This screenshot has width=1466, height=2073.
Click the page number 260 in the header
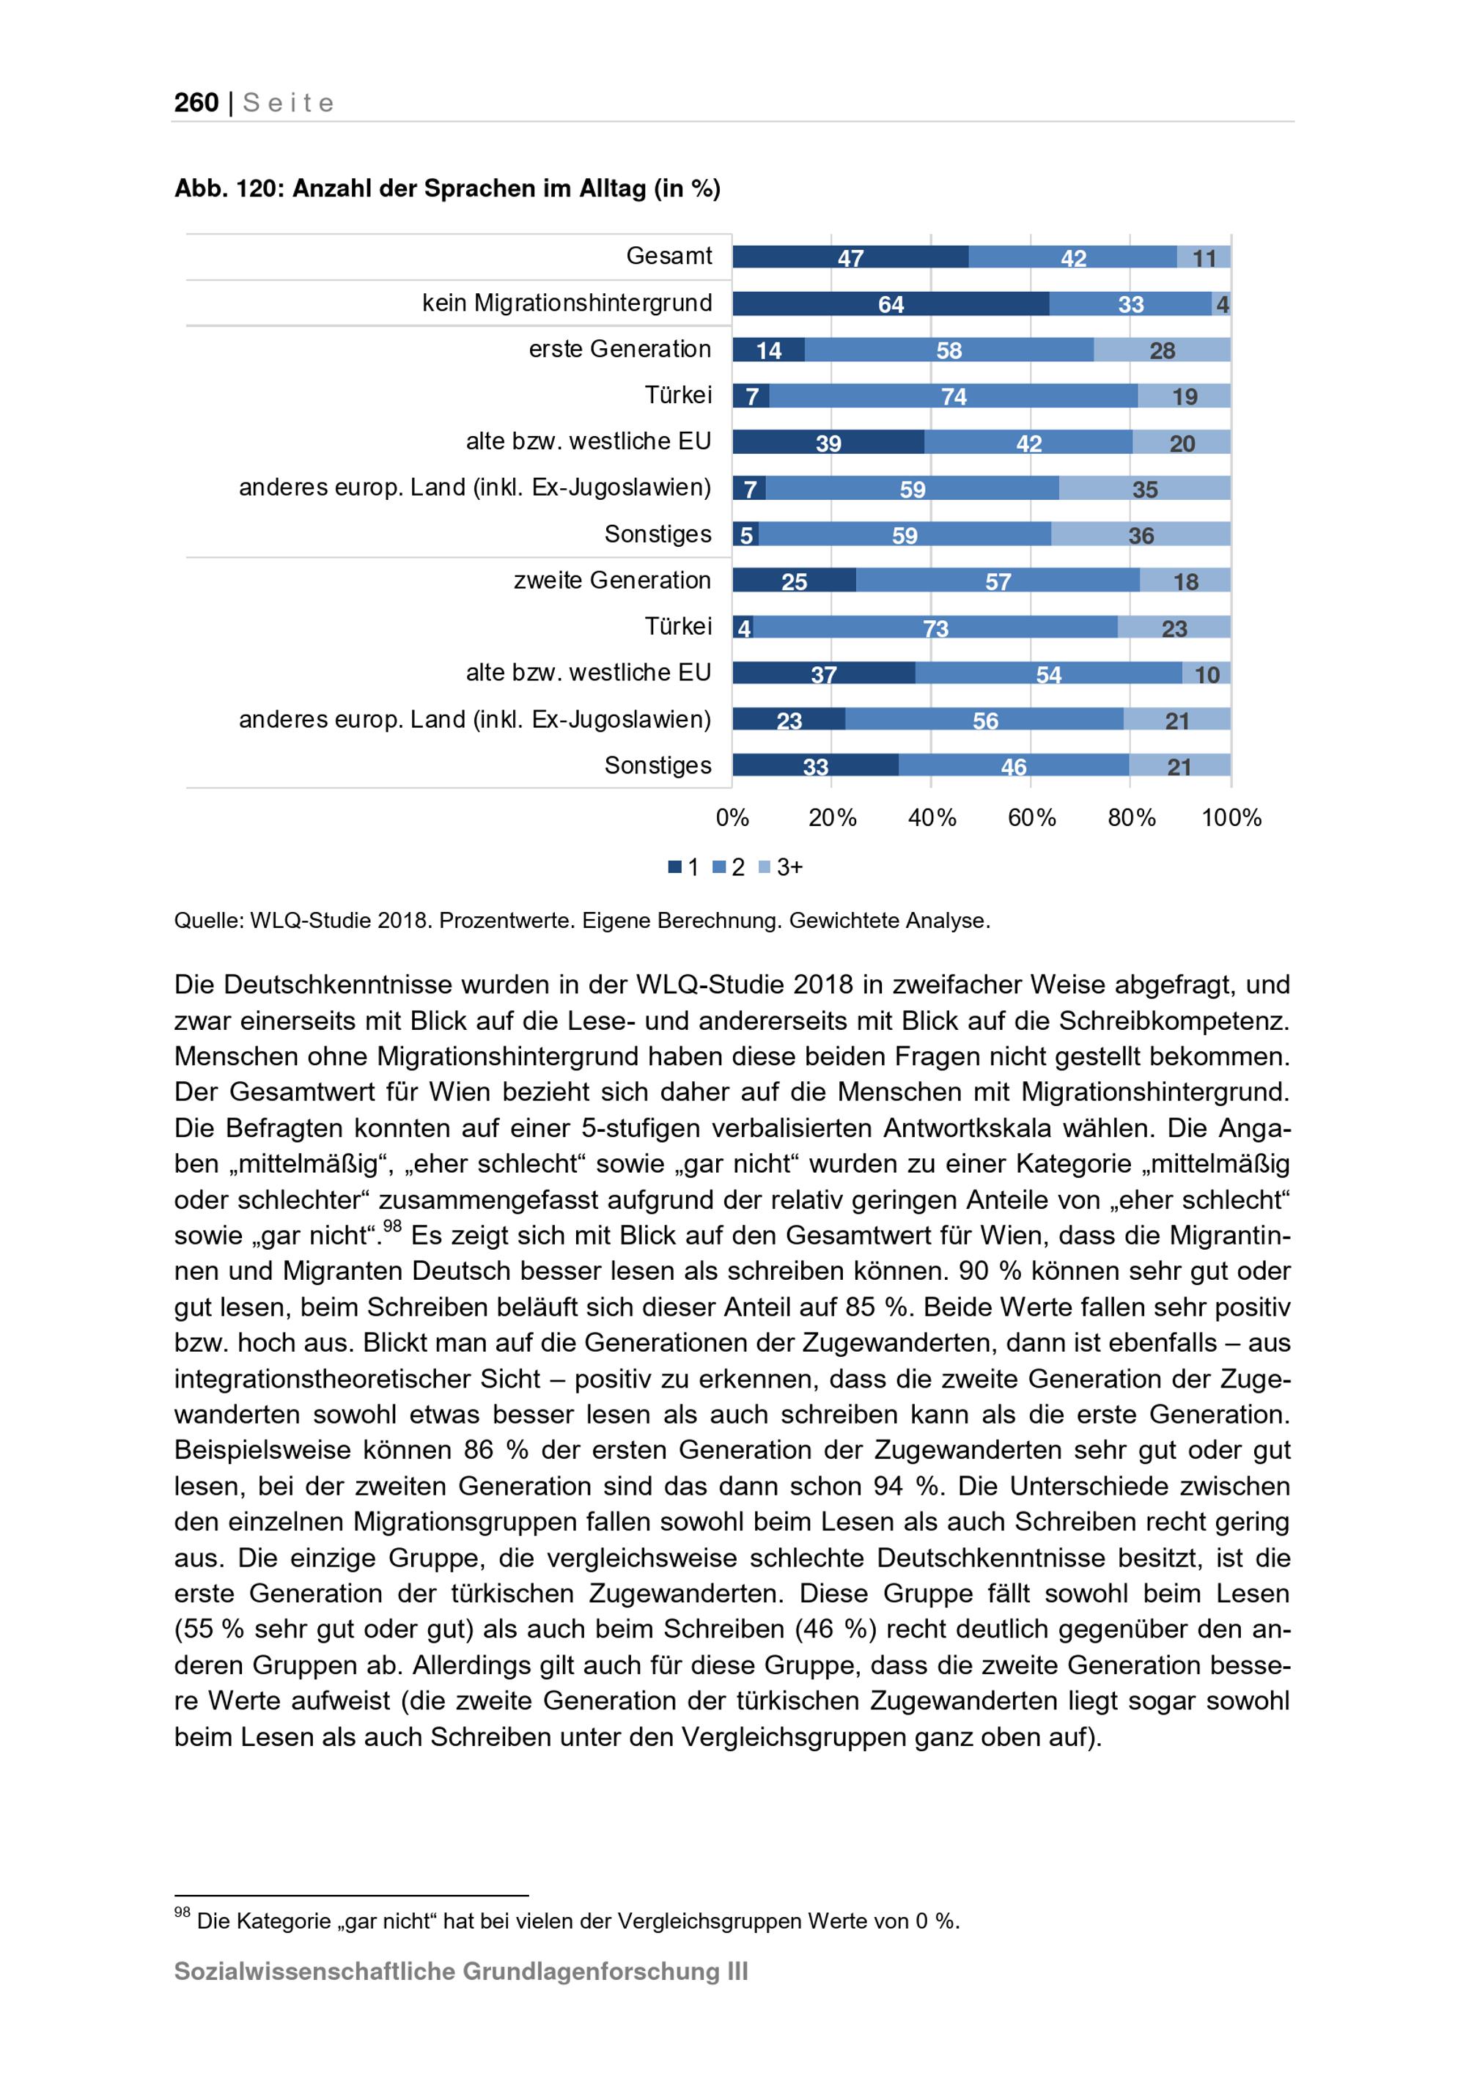coord(196,103)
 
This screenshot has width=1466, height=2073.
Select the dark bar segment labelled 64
coord(890,304)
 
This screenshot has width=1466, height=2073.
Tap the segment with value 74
coord(953,397)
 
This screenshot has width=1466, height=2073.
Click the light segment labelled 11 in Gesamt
coord(1204,258)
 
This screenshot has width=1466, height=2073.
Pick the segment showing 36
coord(1140,534)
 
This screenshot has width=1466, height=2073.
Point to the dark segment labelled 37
coord(823,674)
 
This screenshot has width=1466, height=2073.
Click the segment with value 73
coord(935,627)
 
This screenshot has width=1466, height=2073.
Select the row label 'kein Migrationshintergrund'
coord(567,303)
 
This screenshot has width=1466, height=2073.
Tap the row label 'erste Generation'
coord(619,350)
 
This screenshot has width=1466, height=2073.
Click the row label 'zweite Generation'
coord(612,581)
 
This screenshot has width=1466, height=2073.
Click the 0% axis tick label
coord(732,818)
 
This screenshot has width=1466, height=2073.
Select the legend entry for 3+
coord(782,868)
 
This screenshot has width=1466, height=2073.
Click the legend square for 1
coord(674,868)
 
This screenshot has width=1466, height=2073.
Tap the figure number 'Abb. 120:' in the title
coord(229,188)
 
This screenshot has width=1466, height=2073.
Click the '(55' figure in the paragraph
coord(196,1629)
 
